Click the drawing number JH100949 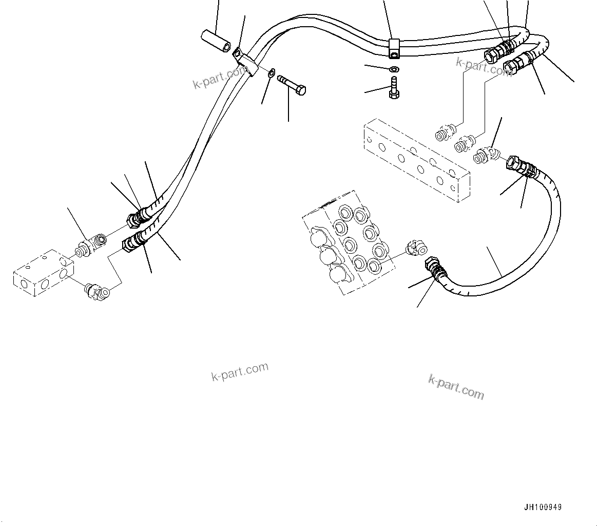point(543,507)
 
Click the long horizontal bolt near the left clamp point(292,85)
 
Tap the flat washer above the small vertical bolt point(394,69)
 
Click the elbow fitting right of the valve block point(414,248)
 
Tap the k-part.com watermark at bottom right point(456,386)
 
